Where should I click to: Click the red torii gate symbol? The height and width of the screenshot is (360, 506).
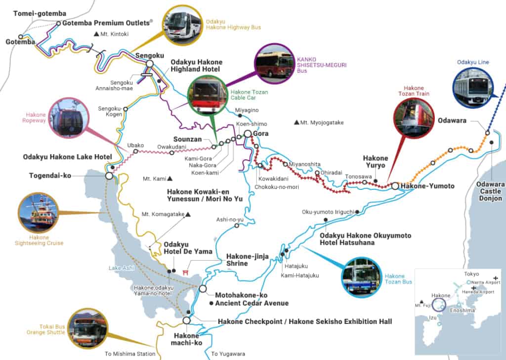(x=186, y=272)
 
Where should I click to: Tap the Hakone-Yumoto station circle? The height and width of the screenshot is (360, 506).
(x=395, y=186)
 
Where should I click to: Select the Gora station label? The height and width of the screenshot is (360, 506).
(x=260, y=134)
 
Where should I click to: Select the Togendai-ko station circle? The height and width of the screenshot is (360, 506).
(x=109, y=176)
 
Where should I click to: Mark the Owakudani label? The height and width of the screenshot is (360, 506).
(x=171, y=146)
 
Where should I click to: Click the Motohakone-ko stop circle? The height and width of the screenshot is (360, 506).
(x=203, y=288)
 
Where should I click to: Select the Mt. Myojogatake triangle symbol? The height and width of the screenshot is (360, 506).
(x=296, y=122)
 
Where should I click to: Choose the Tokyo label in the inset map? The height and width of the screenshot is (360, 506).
(x=472, y=274)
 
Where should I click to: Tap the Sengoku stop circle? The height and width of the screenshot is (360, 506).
(x=149, y=64)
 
